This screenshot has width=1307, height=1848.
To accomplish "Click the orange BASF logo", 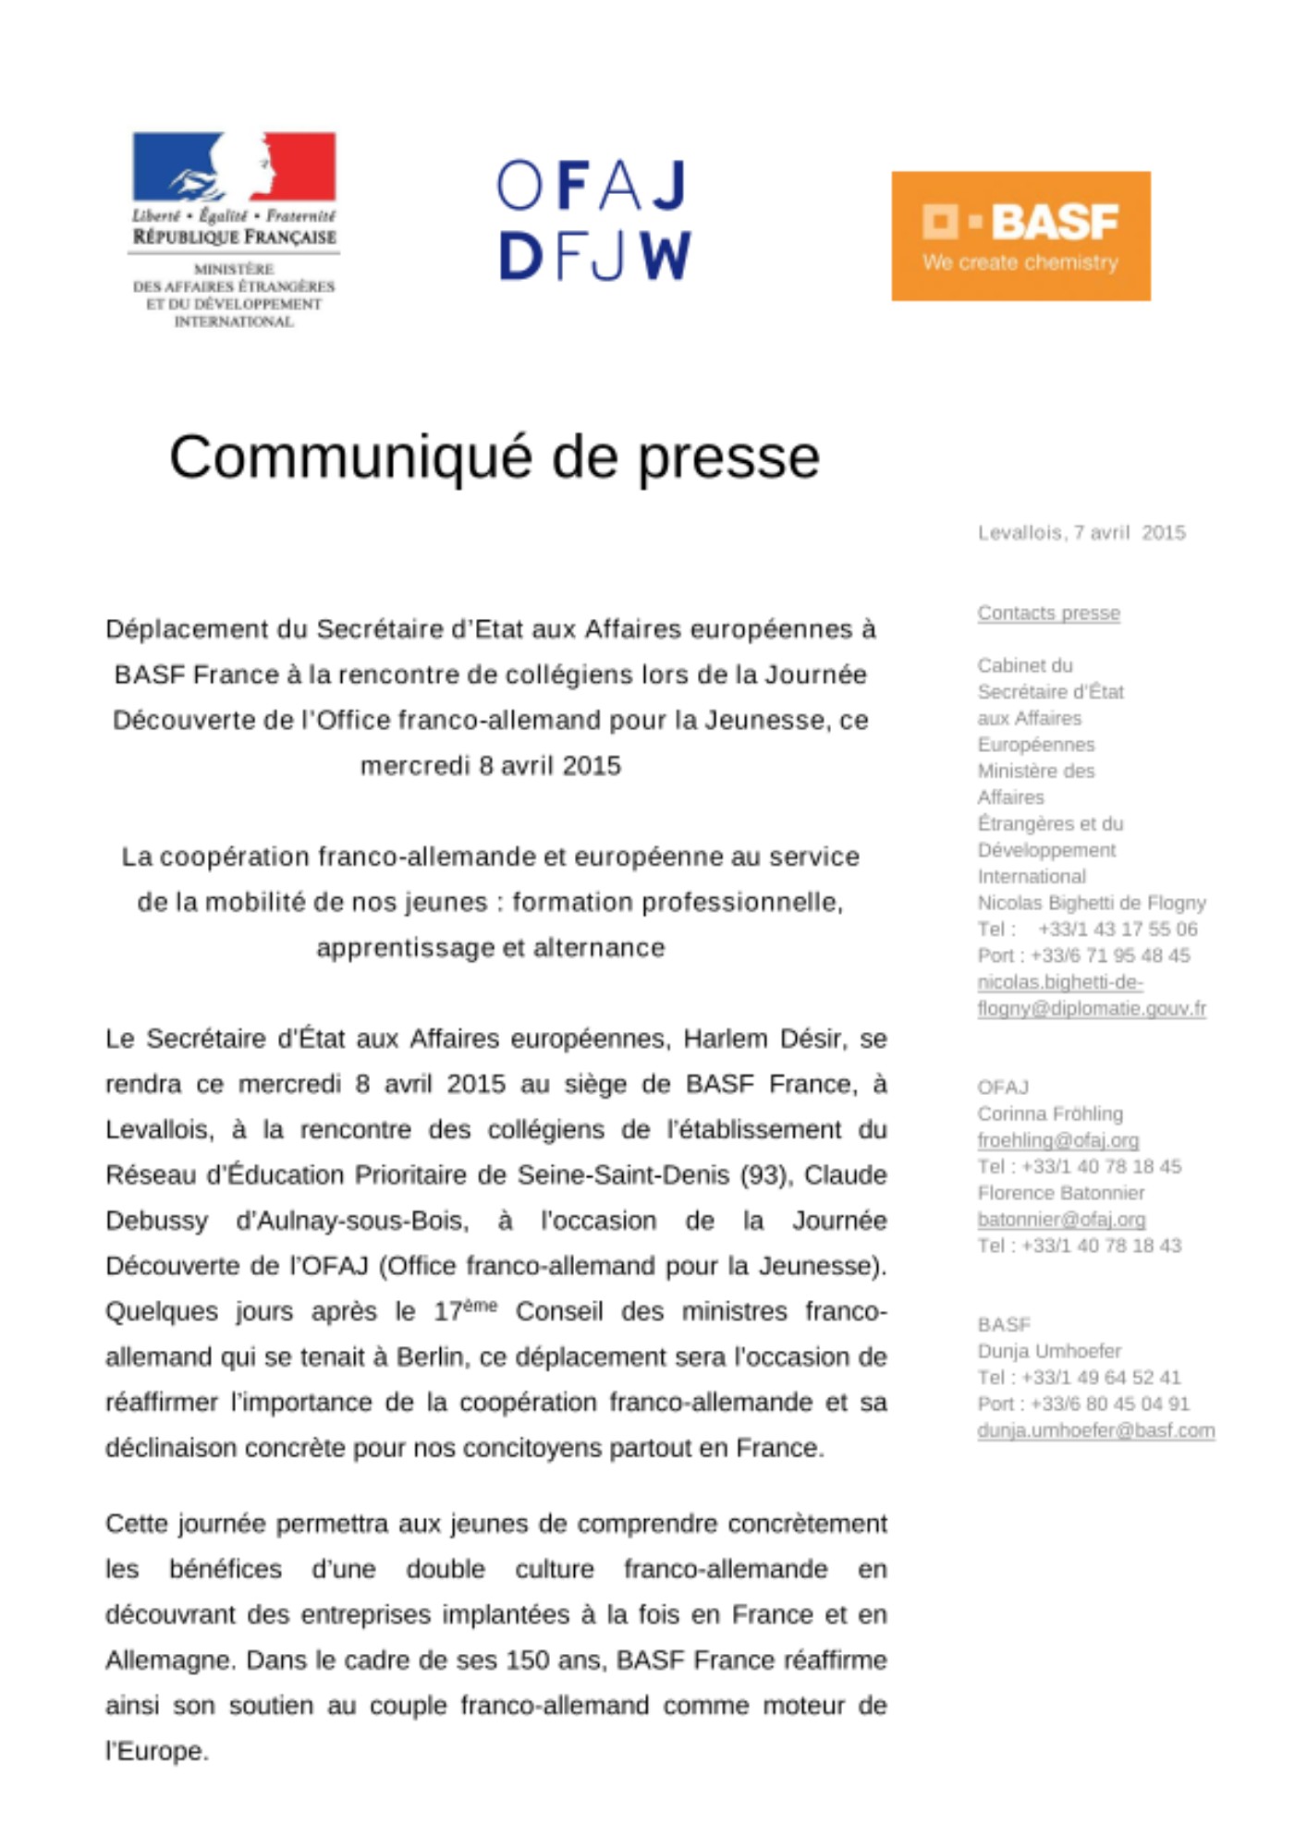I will [1020, 236].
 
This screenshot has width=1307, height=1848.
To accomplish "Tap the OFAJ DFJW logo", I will [594, 220].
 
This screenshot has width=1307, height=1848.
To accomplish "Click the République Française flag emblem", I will [234, 166].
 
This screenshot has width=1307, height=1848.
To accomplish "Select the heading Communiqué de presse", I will [495, 456].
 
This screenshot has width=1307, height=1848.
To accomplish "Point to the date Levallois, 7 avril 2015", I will [1081, 533].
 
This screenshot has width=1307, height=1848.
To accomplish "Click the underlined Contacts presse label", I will [1048, 614].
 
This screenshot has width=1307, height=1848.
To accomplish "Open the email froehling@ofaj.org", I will [1057, 1141].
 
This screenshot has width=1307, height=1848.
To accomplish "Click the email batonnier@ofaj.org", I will [1061, 1220].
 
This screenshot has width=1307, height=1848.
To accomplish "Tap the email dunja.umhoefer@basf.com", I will [1095, 1431].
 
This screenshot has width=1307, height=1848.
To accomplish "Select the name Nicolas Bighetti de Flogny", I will [1092, 903].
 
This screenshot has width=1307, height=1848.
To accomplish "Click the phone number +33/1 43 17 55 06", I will [1118, 930].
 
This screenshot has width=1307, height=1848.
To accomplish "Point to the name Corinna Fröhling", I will [1050, 1114].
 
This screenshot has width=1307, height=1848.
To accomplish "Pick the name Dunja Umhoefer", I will [1049, 1352].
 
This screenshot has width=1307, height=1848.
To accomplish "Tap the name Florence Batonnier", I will [1061, 1194].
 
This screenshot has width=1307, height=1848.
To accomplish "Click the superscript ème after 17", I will [480, 1305].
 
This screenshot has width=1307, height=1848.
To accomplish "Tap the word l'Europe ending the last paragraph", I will [156, 1751].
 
